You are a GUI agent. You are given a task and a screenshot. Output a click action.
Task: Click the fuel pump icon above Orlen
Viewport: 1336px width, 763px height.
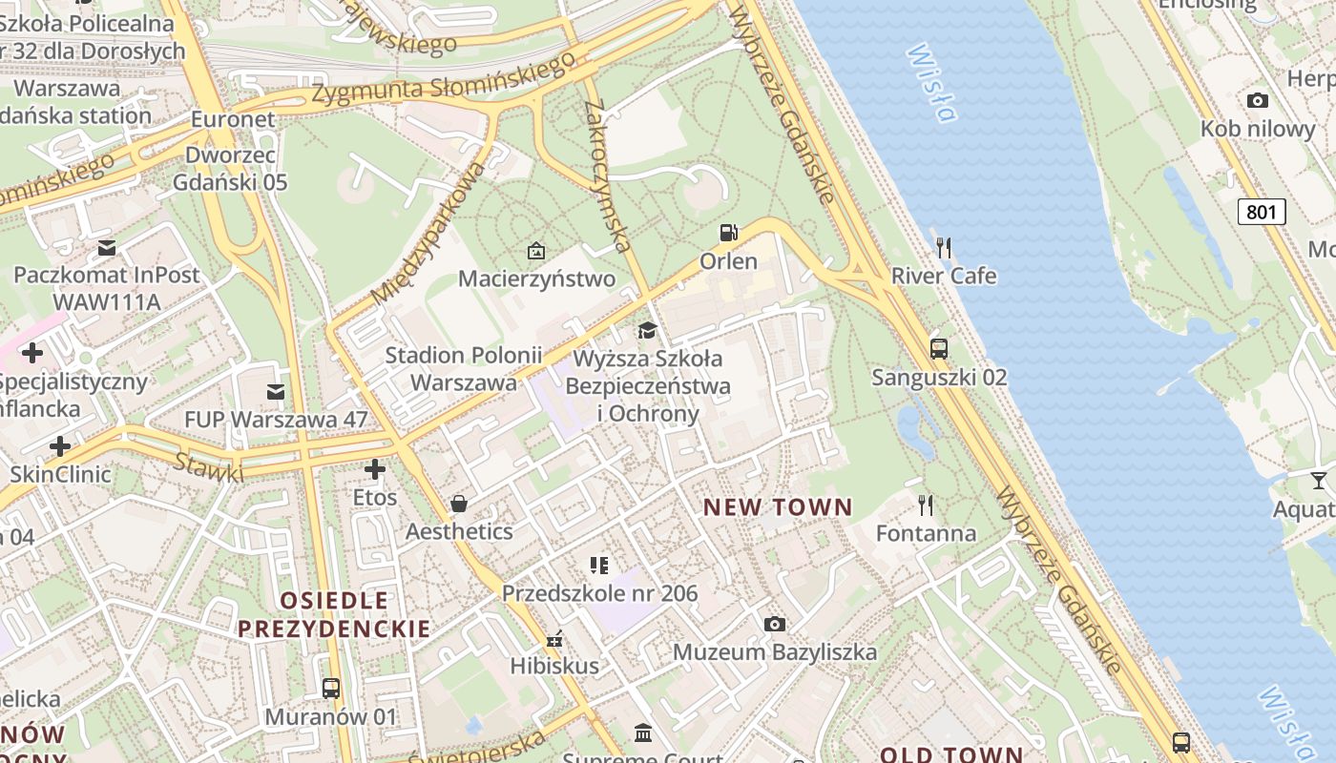728,233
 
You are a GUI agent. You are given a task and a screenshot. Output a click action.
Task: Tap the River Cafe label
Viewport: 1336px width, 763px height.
944,277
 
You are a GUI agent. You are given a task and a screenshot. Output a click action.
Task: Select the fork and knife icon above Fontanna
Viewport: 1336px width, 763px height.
926,505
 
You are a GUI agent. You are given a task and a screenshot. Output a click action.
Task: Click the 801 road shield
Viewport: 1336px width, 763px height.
1261,212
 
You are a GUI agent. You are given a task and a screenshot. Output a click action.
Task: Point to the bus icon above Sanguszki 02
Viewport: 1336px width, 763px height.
939,348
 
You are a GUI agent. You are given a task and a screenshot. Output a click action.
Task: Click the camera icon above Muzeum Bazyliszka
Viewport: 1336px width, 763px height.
775,624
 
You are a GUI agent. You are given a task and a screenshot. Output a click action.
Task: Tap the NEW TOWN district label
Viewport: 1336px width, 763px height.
778,507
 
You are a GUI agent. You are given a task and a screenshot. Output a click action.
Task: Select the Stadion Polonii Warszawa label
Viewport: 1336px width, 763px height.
464,369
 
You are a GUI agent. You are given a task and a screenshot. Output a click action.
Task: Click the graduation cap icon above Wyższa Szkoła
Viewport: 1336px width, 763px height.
648,331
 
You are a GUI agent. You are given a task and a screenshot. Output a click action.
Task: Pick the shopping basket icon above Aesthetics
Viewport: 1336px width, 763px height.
459,503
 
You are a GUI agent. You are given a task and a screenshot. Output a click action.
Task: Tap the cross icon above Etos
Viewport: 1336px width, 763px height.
375,469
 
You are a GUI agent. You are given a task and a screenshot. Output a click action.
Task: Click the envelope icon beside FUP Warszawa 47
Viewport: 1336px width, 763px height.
276,391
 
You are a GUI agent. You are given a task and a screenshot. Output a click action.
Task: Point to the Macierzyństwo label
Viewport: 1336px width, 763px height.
537,278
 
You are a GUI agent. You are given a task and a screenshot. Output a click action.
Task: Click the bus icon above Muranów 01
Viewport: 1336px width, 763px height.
331,688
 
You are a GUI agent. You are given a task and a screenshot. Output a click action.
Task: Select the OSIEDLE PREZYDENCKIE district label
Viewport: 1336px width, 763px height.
334,614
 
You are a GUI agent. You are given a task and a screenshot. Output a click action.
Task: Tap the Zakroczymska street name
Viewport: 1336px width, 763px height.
608,175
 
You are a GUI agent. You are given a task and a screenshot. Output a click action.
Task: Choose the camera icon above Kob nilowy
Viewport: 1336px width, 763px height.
1258,100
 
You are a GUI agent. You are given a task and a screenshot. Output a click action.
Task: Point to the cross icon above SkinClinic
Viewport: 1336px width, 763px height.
60,445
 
